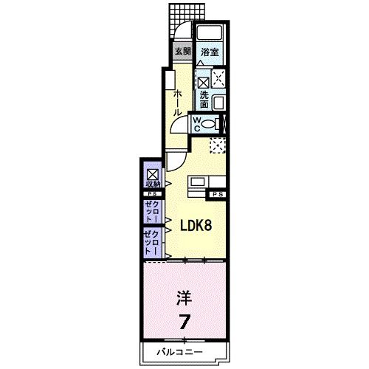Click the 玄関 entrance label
point(182,52)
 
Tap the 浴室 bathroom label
point(210,52)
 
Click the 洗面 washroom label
point(204,99)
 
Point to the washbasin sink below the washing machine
point(218,103)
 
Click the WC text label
point(197,123)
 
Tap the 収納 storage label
point(152,184)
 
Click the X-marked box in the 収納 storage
point(152,173)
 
